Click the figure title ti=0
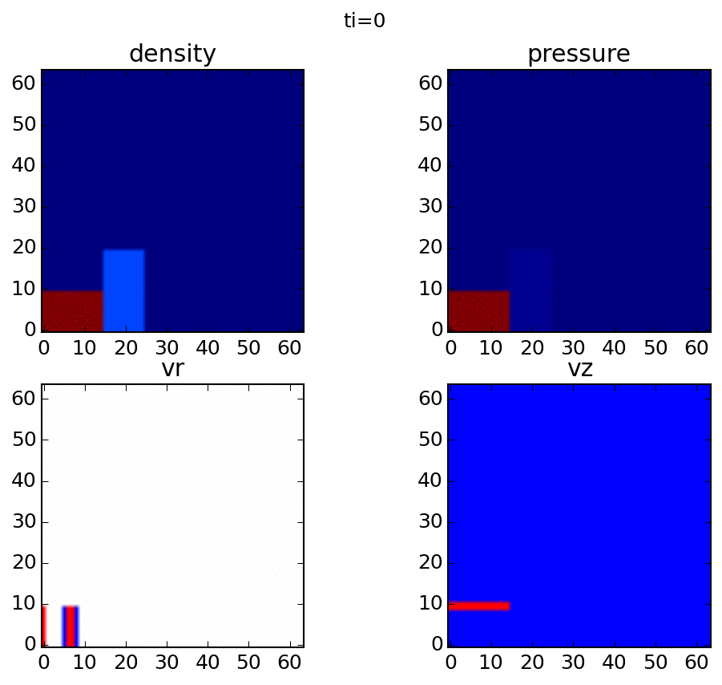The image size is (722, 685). [365, 22]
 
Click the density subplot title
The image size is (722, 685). [172, 55]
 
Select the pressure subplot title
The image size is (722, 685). [579, 55]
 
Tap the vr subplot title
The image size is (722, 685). [172, 370]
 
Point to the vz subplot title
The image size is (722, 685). [579, 370]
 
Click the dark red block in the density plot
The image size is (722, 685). [72, 311]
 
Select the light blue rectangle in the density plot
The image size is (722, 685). [123, 290]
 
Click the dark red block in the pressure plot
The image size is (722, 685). [478, 311]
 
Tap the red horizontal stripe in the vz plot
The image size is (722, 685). [478, 606]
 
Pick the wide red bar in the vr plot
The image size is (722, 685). [71, 626]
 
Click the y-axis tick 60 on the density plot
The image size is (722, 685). [23, 83]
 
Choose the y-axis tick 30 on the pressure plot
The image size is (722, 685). [430, 207]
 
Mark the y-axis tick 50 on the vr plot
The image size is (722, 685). [23, 440]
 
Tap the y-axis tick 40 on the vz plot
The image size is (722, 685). [430, 481]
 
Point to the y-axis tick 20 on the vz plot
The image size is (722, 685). [430, 563]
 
